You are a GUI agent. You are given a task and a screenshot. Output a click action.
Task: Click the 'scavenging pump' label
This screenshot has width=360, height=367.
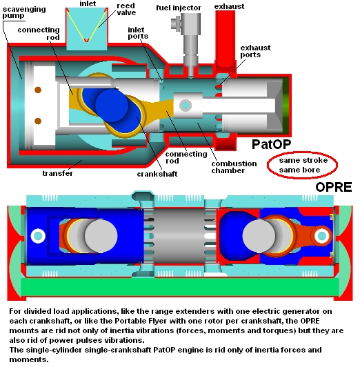(24, 12)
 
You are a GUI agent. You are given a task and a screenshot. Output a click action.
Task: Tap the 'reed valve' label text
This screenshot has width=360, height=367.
(126, 9)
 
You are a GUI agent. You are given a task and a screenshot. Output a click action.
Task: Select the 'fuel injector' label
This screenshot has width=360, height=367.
(179, 8)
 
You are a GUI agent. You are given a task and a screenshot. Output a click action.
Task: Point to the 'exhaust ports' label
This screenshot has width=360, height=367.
(255, 51)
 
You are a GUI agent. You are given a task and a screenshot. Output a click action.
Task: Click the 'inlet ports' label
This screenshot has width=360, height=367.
(138, 33)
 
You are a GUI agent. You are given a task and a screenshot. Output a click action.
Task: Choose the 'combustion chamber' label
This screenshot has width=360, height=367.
(234, 167)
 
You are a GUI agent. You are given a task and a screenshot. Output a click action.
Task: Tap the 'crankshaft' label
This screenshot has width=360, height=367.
(157, 174)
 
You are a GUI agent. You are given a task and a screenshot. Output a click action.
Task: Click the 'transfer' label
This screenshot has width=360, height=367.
(57, 173)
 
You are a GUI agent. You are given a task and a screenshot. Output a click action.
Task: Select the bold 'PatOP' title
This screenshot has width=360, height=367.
(271, 144)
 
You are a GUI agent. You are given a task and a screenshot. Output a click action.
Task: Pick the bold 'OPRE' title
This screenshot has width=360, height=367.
(334, 187)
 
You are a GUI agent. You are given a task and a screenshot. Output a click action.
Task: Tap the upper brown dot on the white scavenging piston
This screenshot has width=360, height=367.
(38, 90)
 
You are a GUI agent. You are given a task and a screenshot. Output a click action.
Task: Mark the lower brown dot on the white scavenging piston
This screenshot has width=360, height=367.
(38, 121)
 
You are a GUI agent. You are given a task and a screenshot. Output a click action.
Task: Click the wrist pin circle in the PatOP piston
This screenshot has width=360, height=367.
(186, 106)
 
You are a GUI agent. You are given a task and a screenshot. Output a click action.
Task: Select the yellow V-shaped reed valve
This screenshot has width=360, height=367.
(86, 26)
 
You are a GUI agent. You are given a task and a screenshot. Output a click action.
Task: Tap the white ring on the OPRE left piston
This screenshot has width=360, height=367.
(38, 236)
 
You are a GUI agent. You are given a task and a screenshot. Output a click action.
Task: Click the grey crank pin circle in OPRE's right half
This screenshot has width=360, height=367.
(259, 236)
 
